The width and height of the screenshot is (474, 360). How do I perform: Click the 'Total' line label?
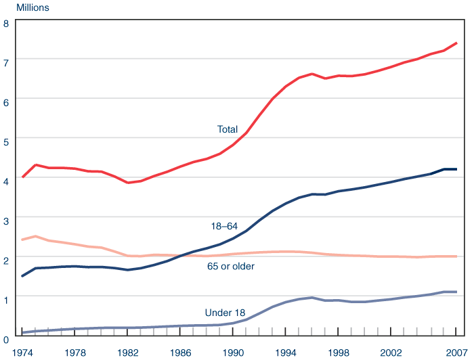(x=228, y=129)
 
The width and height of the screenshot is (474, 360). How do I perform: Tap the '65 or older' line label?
(x=230, y=267)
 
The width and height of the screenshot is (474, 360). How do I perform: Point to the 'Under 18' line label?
(x=225, y=313)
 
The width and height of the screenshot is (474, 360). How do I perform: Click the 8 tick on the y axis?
(x=5, y=23)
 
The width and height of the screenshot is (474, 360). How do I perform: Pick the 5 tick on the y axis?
(x=5, y=141)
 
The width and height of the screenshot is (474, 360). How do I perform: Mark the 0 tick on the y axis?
(x=5, y=336)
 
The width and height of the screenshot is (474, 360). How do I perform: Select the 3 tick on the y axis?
(x=5, y=219)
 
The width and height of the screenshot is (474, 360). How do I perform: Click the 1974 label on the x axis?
(x=23, y=352)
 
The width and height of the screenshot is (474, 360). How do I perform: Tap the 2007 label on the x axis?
(x=456, y=352)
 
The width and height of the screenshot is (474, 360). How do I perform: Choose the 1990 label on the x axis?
(x=233, y=352)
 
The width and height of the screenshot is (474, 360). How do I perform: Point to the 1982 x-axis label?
(x=128, y=352)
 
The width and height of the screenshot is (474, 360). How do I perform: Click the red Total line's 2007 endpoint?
(x=456, y=43)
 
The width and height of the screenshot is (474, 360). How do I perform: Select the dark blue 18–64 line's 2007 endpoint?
(x=456, y=169)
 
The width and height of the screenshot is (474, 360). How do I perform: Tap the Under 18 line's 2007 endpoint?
(x=456, y=292)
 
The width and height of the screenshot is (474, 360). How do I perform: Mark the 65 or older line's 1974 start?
(x=23, y=240)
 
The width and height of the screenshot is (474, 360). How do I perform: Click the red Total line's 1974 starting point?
(x=23, y=177)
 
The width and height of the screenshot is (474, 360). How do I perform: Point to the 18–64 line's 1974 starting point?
(x=23, y=276)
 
